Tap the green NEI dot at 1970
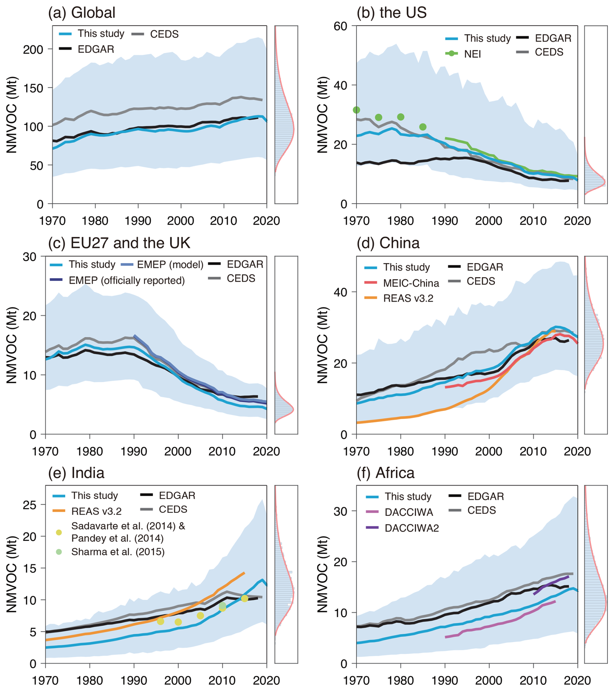tap(356, 110)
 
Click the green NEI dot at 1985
tap(423, 127)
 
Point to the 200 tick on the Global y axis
tap(33, 50)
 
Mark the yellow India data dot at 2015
tap(244, 598)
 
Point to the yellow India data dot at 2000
tap(178, 622)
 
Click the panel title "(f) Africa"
tap(385, 473)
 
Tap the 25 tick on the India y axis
tap(30, 505)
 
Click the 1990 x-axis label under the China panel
tap(445, 451)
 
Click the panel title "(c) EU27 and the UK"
tap(119, 243)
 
